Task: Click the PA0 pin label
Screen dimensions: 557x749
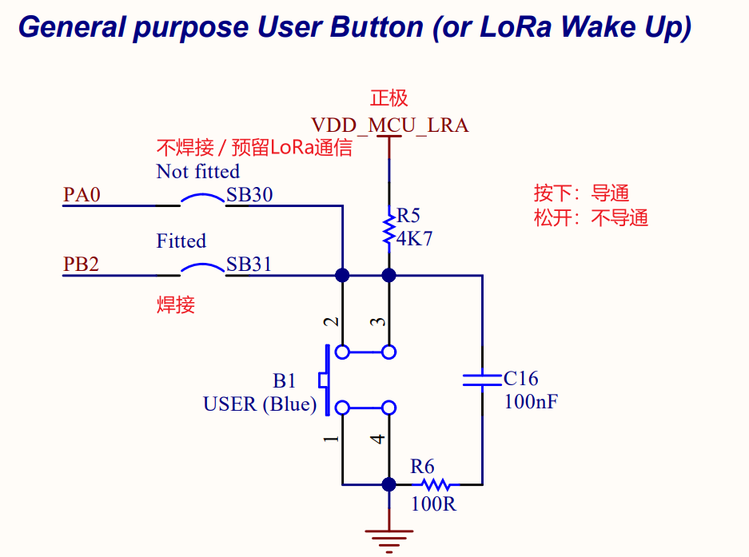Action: (x=82, y=195)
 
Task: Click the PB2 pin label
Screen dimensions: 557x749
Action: (x=82, y=265)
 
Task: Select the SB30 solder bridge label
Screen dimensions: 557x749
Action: (x=249, y=195)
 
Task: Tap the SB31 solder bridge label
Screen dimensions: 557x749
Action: (x=249, y=265)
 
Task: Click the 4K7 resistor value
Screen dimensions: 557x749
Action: (x=414, y=239)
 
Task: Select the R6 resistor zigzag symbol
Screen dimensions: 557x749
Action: (x=436, y=484)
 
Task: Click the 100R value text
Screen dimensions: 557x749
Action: (x=433, y=504)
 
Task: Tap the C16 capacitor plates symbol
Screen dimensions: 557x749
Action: (x=483, y=379)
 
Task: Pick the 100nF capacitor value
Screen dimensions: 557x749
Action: (x=531, y=401)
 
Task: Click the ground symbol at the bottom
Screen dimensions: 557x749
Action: (x=389, y=539)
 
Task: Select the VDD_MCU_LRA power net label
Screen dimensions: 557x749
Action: (x=389, y=125)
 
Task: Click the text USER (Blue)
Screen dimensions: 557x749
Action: (x=260, y=404)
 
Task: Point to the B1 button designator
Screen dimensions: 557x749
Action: (x=285, y=380)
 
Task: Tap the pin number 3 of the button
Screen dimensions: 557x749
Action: (x=380, y=322)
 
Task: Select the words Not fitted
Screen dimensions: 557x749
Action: (x=197, y=172)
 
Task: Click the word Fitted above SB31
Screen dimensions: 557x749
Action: (x=181, y=241)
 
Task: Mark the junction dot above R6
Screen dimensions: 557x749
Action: (x=389, y=484)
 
